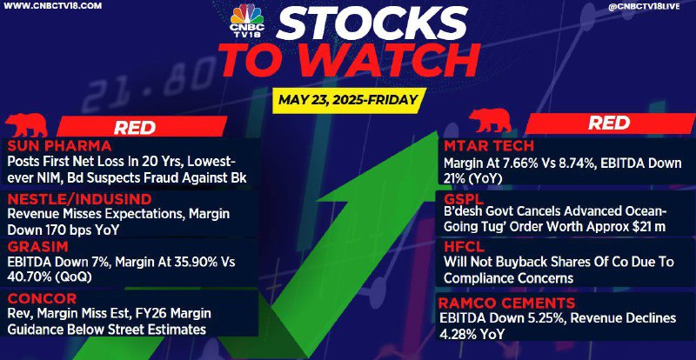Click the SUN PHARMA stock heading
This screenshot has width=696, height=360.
tap(59, 145)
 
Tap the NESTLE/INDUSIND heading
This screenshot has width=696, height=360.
tap(79, 198)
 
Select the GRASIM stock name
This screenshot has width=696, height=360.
tap(37, 246)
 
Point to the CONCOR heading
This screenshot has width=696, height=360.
tap(42, 298)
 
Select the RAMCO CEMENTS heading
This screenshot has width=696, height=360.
tap(507, 303)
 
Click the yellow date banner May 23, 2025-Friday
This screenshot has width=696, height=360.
tap(348, 100)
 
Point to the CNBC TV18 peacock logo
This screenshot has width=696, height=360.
tap(247, 19)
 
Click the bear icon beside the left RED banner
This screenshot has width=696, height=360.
tap(26, 124)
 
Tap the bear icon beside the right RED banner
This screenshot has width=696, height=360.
tap(490, 121)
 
